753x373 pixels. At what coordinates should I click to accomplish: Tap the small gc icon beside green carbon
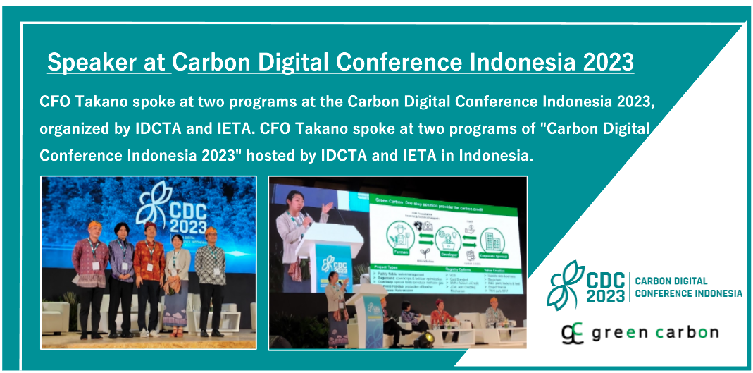click(573, 332)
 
